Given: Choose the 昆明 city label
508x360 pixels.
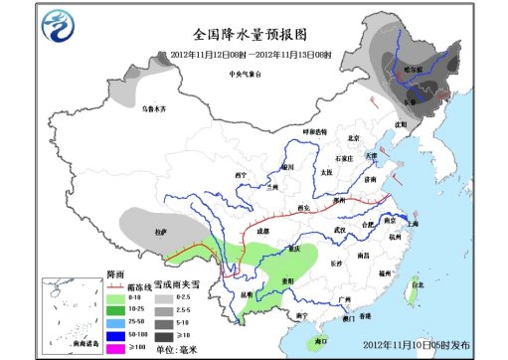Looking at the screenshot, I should pos(247,294).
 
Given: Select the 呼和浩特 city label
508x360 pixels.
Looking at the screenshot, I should pos(315,132).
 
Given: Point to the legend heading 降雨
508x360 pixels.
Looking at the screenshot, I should pos(115,273).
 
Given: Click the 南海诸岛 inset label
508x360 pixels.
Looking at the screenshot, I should pos(62,340).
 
